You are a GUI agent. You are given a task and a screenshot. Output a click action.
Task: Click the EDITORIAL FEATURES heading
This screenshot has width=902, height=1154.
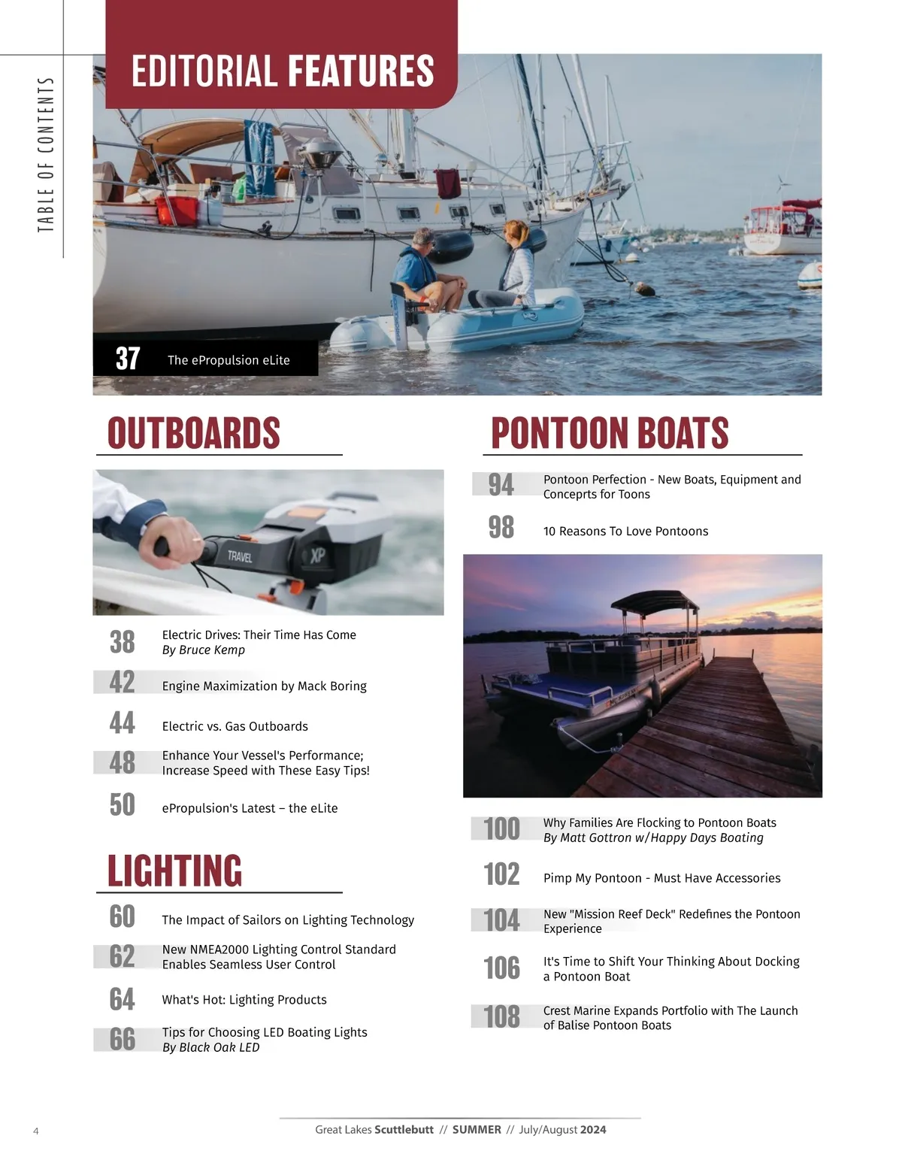[283, 71]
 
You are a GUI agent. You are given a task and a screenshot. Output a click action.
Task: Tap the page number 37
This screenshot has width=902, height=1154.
[128, 359]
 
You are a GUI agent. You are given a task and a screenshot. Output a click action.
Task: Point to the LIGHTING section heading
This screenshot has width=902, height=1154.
[175, 871]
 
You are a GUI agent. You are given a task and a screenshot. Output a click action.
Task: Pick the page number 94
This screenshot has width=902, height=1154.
[501, 485]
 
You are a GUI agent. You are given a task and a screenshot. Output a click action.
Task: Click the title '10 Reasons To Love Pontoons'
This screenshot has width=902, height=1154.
[625, 532]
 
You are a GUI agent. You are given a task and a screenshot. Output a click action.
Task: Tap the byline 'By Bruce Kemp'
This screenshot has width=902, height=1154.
[204, 650]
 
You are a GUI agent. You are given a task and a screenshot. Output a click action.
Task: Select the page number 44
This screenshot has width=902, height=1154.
[123, 723]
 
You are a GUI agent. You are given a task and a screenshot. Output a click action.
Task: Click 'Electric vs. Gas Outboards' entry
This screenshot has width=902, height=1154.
[235, 726]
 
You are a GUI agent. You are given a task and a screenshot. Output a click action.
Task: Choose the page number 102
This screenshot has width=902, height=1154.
[501, 874]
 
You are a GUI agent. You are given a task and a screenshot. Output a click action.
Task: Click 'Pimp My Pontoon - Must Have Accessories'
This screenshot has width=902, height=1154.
[661, 878]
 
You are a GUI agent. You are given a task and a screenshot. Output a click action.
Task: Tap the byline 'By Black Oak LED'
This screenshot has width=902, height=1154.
[210, 1047]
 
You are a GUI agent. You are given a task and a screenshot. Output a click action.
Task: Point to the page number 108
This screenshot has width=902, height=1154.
[501, 1017]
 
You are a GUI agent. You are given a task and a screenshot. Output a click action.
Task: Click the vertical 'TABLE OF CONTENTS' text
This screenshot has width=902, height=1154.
[46, 155]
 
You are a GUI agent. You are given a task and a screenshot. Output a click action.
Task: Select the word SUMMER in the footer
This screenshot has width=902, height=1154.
[477, 1129]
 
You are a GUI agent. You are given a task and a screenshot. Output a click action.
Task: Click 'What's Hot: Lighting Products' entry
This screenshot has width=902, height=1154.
[244, 1000]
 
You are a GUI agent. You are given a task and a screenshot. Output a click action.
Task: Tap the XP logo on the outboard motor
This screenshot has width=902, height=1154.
[318, 556]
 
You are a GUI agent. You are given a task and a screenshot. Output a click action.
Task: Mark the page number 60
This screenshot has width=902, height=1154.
[123, 916]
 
